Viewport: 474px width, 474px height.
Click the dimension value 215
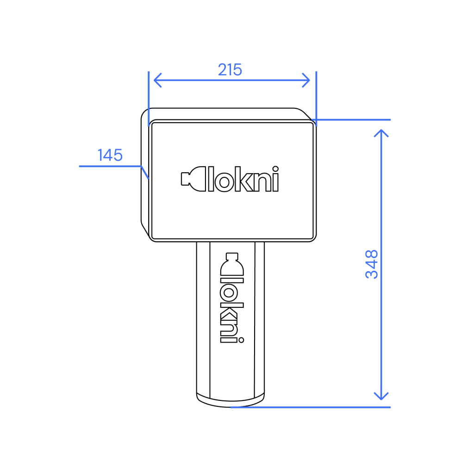230,70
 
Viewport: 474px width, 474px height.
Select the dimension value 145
110,155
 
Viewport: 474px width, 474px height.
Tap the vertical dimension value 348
372,264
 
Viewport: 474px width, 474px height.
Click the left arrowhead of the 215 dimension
157,80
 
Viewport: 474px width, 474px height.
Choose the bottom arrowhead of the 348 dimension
381,396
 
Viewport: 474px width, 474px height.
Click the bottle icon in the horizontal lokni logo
193,179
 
